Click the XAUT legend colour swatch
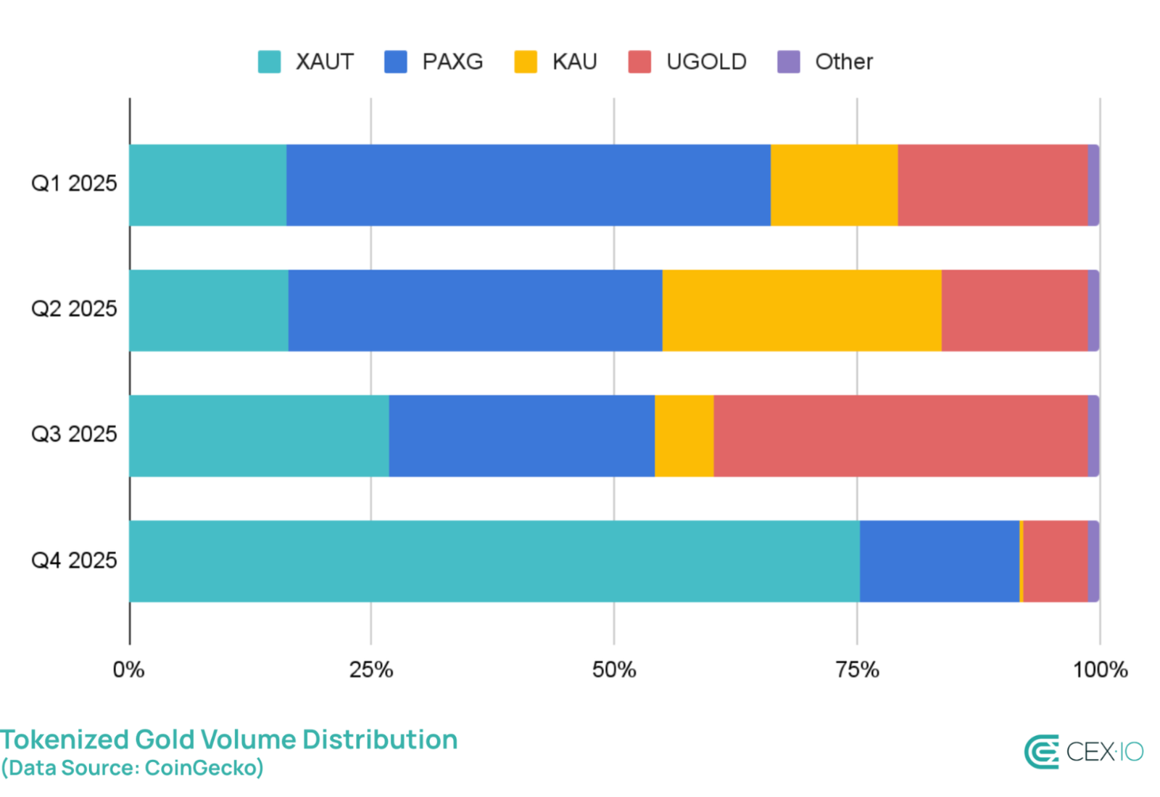tap(269, 62)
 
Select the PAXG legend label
tap(452, 62)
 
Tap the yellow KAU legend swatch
tap(526, 62)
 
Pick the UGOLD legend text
tap(706, 62)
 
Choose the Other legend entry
tap(843, 62)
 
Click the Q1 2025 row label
tap(74, 183)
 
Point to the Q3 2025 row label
tap(74, 434)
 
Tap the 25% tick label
tap(371, 669)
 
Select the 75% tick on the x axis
tap(857, 669)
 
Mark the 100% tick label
tap(1100, 669)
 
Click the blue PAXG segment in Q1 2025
tap(528, 185)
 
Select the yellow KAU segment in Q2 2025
tap(802, 310)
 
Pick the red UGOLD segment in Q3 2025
tap(900, 436)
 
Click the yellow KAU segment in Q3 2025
tap(684, 436)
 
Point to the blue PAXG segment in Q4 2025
tap(940, 561)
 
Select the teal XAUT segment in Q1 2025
tap(208, 185)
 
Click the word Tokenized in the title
tap(65, 740)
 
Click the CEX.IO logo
tap(1083, 752)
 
